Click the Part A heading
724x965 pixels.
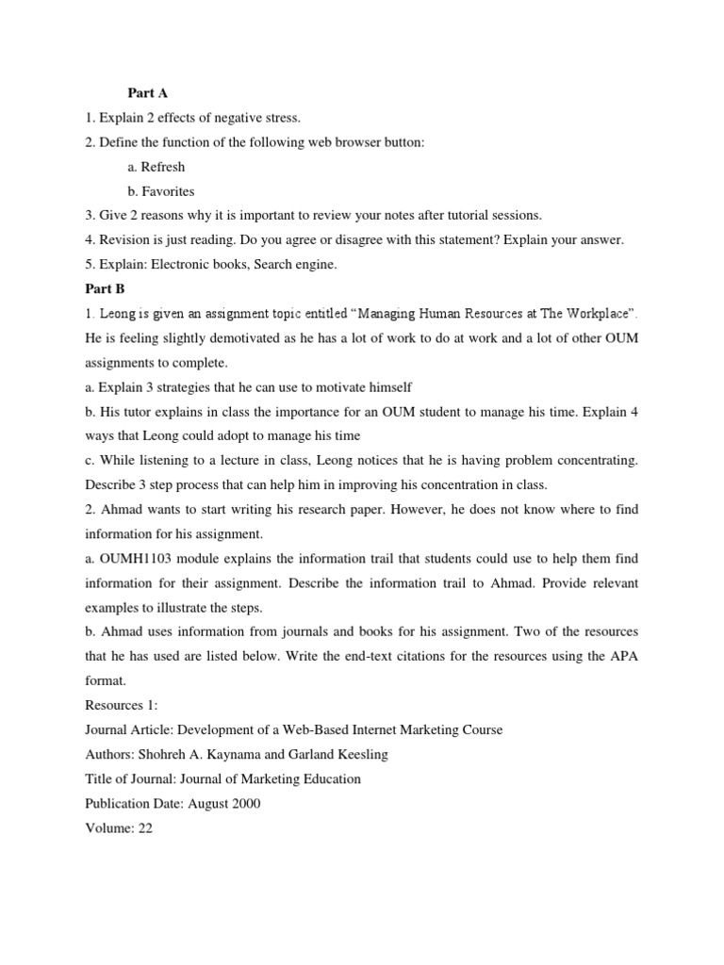click(147, 93)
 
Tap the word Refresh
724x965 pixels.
click(163, 167)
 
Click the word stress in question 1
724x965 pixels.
click(280, 118)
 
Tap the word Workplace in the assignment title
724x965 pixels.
click(586, 313)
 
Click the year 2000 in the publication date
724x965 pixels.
click(243, 803)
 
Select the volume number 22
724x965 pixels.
click(146, 828)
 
